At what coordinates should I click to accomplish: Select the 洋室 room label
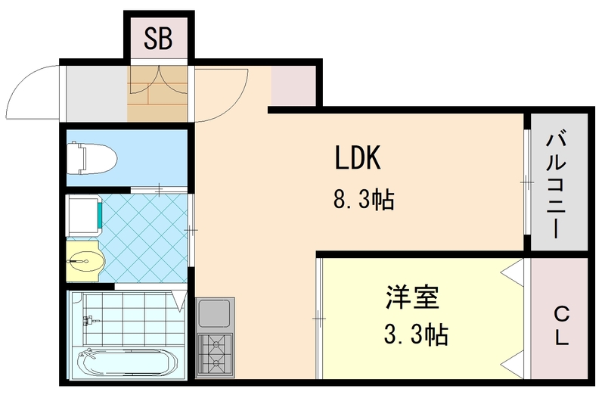[412, 297]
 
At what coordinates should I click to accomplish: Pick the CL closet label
[560, 325]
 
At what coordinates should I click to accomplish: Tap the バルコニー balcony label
[559, 185]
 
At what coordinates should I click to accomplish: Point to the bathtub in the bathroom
[125, 365]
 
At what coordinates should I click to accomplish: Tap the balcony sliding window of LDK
[526, 182]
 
